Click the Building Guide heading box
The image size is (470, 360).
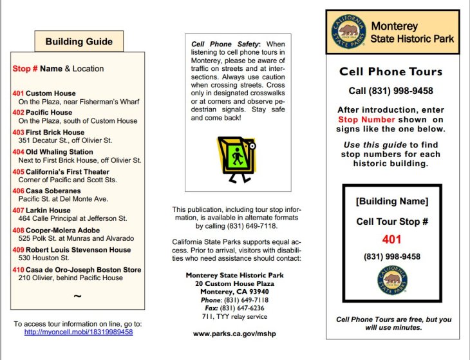click(x=79, y=42)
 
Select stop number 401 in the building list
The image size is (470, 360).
click(x=18, y=93)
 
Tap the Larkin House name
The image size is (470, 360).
click(x=48, y=211)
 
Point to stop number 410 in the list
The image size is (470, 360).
click(x=18, y=270)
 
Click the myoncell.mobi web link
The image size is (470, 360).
click(x=79, y=332)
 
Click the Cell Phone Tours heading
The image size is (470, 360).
click(x=391, y=72)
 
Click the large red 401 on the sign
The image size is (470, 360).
click(x=391, y=240)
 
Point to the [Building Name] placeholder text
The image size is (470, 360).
click(x=391, y=202)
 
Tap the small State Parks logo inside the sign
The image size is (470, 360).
click(x=392, y=279)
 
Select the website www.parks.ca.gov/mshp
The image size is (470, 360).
click(x=236, y=334)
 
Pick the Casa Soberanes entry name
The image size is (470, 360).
click(x=53, y=191)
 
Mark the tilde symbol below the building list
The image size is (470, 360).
click(x=77, y=296)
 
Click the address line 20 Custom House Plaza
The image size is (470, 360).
click(x=235, y=283)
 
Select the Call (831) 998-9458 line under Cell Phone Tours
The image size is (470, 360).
click(x=391, y=91)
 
